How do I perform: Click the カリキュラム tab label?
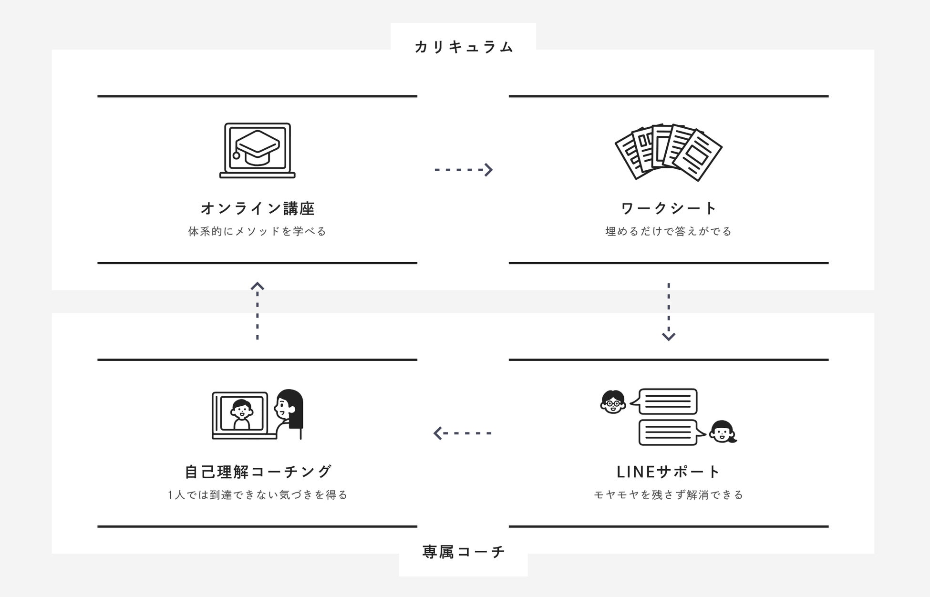(x=464, y=47)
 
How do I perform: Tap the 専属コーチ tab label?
(x=464, y=552)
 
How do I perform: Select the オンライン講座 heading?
(x=258, y=208)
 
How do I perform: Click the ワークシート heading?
(x=669, y=208)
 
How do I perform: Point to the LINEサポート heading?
(x=669, y=472)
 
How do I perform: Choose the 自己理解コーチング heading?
(x=258, y=472)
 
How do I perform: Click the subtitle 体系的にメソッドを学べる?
(x=258, y=231)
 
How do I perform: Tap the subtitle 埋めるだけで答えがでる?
(x=669, y=231)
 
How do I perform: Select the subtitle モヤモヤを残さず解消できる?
(x=669, y=495)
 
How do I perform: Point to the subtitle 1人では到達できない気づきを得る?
(x=258, y=495)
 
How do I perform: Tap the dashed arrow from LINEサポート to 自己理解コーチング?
(x=463, y=433)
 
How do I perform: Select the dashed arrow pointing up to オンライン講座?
(x=258, y=311)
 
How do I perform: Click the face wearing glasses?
(x=613, y=402)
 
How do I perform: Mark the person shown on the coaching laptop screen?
(x=242, y=413)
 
